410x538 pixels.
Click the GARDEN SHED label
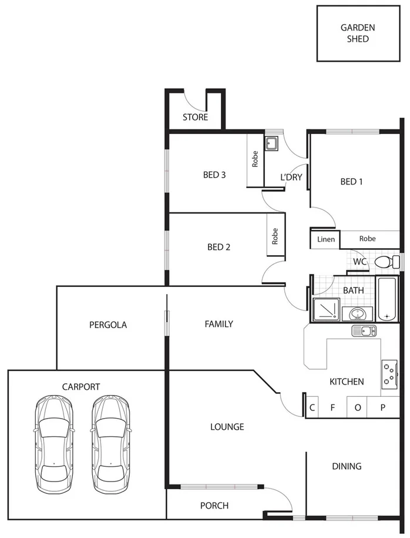(358, 33)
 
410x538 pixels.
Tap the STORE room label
(195, 118)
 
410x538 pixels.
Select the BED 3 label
(214, 175)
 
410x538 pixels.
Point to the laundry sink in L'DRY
(272, 143)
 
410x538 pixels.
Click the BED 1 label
(351, 182)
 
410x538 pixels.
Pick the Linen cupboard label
(326, 239)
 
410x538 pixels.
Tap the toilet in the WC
(382, 261)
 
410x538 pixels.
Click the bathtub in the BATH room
(387, 299)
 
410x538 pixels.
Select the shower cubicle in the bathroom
(326, 310)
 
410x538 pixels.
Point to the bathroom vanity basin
(356, 313)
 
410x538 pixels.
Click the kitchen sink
(364, 331)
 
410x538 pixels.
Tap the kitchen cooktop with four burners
(389, 374)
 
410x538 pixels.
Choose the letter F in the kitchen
(332, 407)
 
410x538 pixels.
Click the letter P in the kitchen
(382, 407)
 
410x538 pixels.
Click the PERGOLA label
(107, 325)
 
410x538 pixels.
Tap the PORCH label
(214, 506)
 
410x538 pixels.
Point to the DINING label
(347, 466)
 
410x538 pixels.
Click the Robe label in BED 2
(275, 236)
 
